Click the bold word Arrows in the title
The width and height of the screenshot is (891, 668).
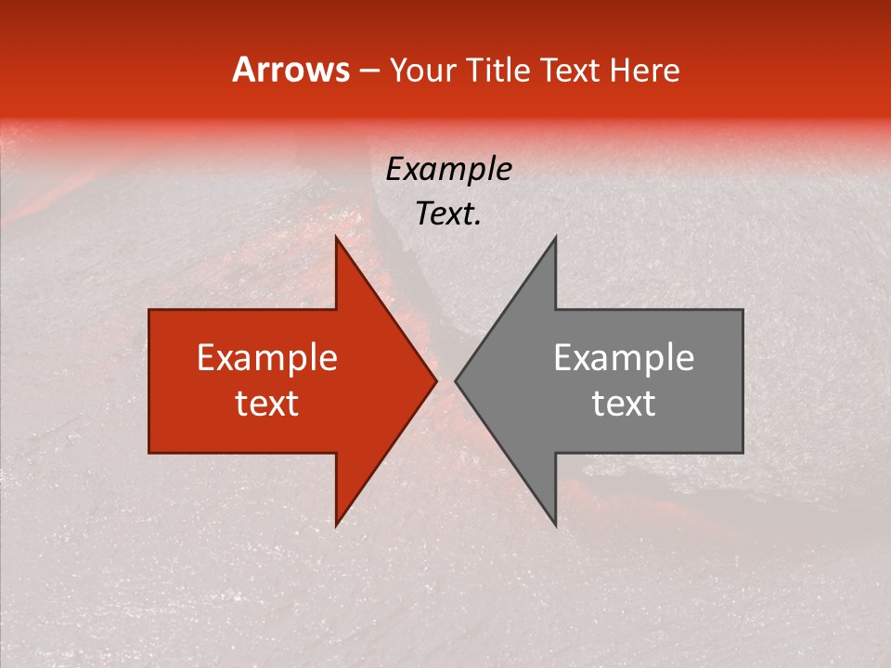point(291,70)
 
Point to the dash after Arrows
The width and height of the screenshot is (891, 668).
point(368,71)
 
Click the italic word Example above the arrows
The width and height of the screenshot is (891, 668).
point(448,170)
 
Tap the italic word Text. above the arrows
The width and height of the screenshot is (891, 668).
point(448,214)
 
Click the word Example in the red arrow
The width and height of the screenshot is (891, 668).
point(267,358)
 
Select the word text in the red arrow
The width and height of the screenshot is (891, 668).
point(267,403)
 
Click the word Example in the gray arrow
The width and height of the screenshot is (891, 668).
point(624,358)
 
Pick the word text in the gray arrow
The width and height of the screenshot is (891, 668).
point(624,403)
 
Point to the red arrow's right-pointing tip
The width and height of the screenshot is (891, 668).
point(436,381)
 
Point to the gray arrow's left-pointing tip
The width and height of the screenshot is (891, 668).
point(456,381)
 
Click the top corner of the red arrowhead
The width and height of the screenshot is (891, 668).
point(336,238)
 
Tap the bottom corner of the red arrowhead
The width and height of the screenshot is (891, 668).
point(336,525)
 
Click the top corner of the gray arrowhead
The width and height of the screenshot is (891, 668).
point(556,238)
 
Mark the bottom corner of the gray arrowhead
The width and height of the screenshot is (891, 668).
point(556,525)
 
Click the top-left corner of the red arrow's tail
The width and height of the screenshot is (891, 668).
point(149,311)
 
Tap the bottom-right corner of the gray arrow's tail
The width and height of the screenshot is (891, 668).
point(742,453)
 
